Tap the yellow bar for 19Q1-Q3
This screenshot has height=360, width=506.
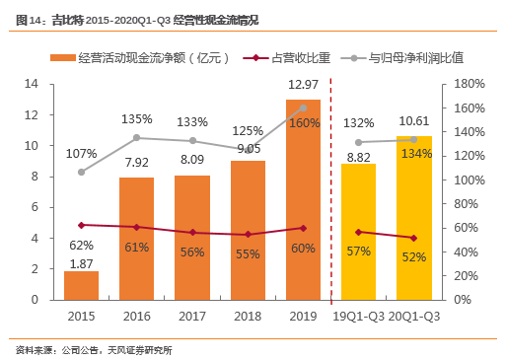click(358, 232)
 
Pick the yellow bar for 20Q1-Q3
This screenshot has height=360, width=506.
click(413, 218)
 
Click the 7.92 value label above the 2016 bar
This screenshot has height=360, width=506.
click(137, 163)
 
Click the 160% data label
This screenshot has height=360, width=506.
click(304, 123)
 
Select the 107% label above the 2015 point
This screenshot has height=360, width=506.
click(82, 153)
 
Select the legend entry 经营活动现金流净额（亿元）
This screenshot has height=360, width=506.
click(148, 58)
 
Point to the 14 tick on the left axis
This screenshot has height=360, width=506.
click(32, 84)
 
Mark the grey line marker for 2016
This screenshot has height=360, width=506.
click(137, 137)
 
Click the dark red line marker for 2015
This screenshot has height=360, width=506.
click(82, 225)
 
